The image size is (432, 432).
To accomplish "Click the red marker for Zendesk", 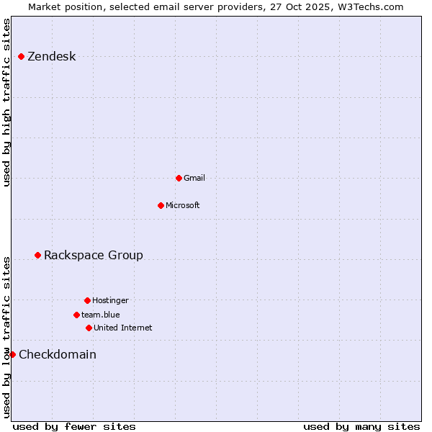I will pos(21,56).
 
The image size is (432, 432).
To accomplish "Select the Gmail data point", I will pos(179,178).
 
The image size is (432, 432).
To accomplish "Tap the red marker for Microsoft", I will pos(161,205).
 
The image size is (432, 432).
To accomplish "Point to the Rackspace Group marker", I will pos(37,255).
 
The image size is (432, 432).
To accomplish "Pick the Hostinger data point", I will pos(87,300).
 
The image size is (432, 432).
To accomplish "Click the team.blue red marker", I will pos(76,315).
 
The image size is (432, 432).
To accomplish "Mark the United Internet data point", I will pos(89,328).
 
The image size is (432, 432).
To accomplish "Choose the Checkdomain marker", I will pos(12,354).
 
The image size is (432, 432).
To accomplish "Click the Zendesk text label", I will pos(51,57).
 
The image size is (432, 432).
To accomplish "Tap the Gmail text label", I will pos(194,178).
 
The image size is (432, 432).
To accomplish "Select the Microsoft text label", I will pos(183,205).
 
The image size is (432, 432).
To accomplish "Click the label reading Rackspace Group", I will pos(94,255).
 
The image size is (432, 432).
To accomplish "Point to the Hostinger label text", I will pos(110,300).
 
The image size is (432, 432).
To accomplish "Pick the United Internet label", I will pos(123,328).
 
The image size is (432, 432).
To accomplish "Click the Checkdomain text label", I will pos(58,354).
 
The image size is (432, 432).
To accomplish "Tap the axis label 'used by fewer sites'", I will pos(74,426).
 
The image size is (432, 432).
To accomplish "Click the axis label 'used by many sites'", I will pos(361,426).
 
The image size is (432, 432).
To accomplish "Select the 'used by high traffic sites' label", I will pos(7,102).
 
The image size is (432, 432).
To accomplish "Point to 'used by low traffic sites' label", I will pos(7,336).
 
